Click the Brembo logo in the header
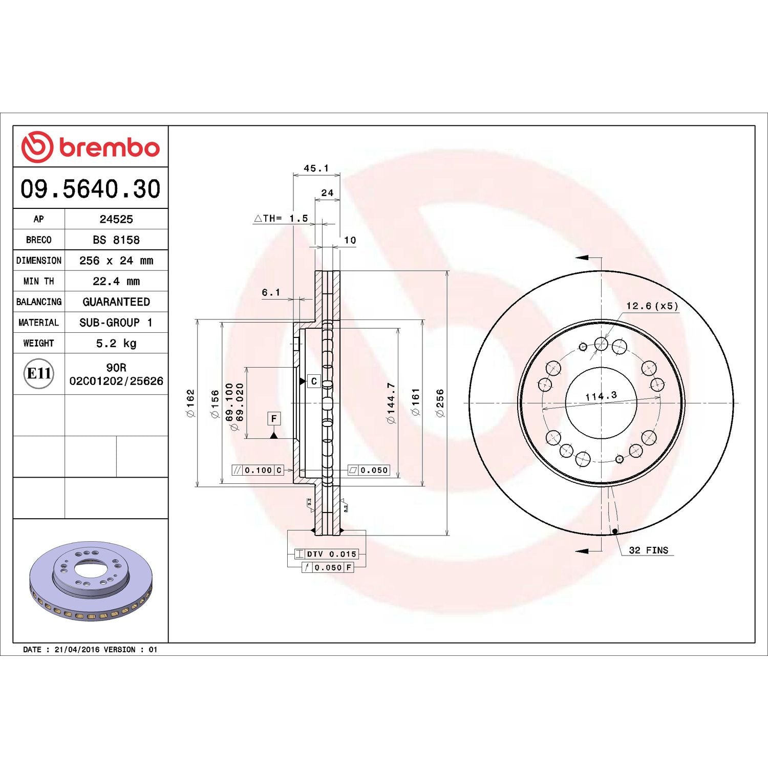[x=90, y=147]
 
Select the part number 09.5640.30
[x=90, y=189]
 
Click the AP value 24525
[x=116, y=219]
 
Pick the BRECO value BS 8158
[x=116, y=240]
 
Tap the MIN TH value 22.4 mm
[x=116, y=281]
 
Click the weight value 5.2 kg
[x=116, y=343]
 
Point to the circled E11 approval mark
[x=39, y=373]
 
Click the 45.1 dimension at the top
[x=316, y=168]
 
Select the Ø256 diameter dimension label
[x=440, y=403]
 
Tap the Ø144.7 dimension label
[x=391, y=403]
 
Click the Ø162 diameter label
[x=190, y=403]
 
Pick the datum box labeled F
[x=274, y=419]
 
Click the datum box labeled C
[x=314, y=381]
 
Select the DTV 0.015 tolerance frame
[x=327, y=554]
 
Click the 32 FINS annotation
[x=648, y=550]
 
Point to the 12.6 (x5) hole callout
[x=652, y=306]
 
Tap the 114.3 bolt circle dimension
[x=601, y=396]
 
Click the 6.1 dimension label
[x=271, y=292]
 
